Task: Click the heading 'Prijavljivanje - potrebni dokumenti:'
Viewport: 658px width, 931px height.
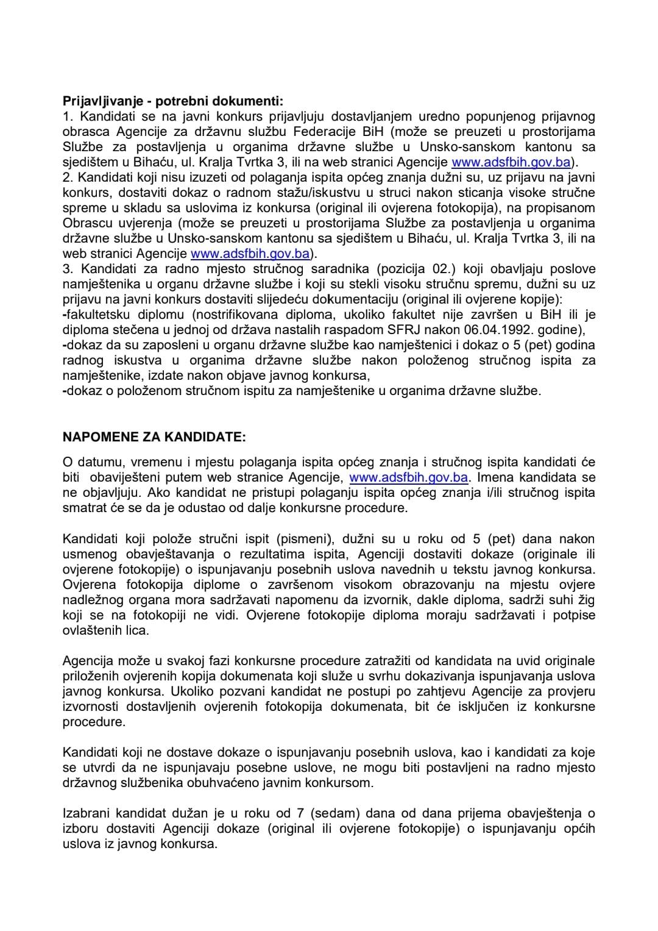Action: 173,101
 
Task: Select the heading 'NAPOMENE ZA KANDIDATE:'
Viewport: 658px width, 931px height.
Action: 155,437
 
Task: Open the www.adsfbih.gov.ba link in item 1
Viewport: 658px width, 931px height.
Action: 511,162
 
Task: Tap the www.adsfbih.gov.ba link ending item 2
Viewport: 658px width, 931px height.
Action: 250,254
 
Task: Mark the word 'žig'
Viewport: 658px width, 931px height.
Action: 587,600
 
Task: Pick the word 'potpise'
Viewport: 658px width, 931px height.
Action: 573,615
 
